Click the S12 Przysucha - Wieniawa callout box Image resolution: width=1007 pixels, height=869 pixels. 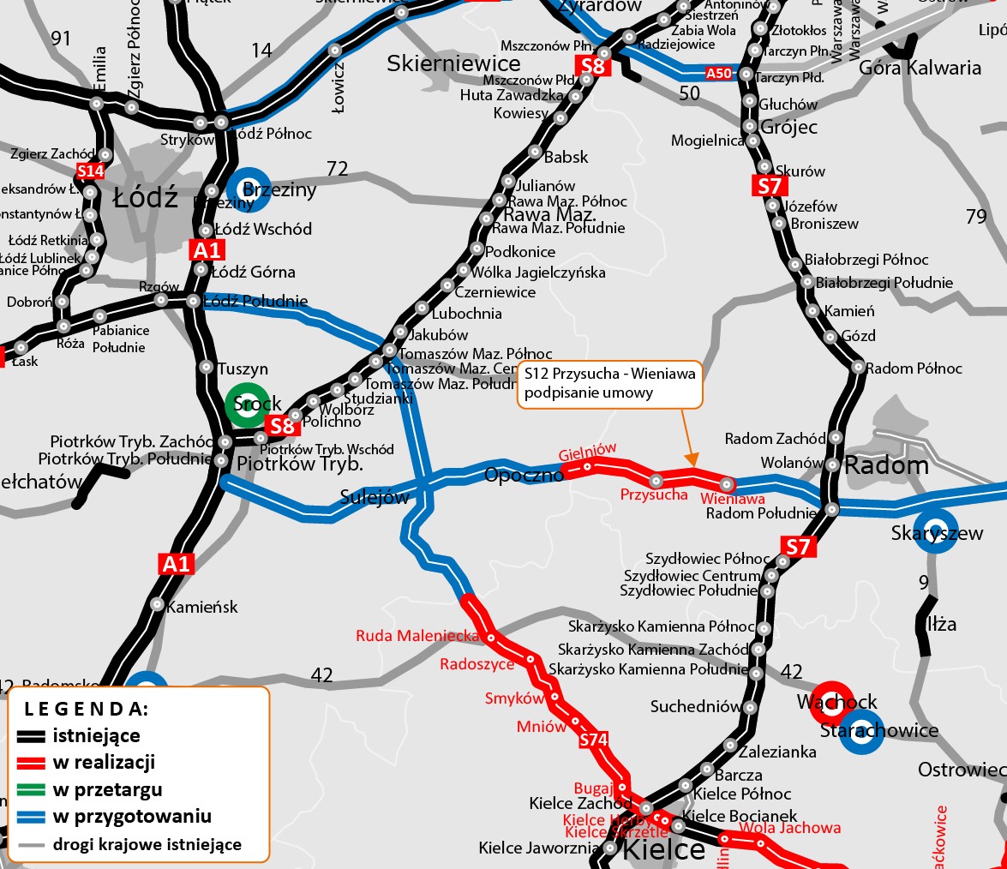point(609,383)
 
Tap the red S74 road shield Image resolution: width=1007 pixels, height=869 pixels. point(593,739)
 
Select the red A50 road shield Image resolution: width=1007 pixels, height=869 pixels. point(719,74)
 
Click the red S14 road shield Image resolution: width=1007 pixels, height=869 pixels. point(90,171)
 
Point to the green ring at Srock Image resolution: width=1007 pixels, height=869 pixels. point(246,405)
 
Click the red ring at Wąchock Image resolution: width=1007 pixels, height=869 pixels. point(831,703)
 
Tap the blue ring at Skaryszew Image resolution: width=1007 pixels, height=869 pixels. point(936,531)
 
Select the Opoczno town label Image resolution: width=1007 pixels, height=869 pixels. point(523,475)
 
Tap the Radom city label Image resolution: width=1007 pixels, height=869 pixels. point(886,465)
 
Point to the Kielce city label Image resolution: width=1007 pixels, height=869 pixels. point(662,851)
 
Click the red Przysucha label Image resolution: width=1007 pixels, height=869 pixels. point(654,494)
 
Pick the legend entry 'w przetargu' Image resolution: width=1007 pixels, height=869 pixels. point(107,789)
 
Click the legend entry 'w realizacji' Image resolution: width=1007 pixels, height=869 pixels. point(104,763)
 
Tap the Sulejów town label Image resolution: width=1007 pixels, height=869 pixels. point(374,497)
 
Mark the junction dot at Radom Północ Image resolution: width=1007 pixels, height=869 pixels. point(859,367)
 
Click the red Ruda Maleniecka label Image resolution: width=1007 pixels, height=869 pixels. point(417,636)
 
